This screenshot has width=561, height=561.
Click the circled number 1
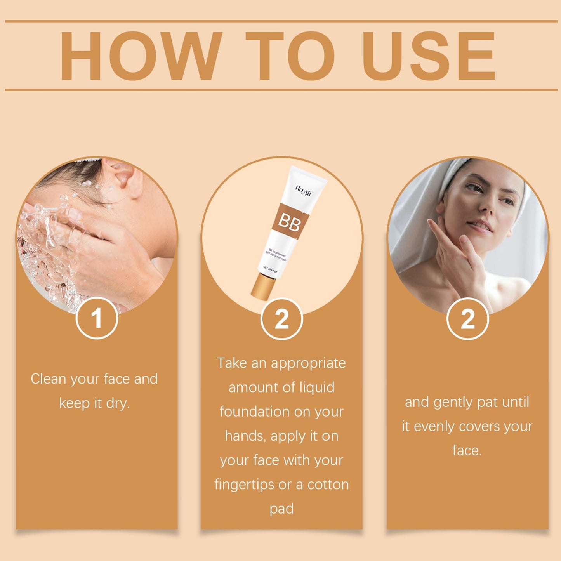point(97,318)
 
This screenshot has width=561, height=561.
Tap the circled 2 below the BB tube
point(281,319)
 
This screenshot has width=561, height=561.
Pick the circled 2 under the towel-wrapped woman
point(467,319)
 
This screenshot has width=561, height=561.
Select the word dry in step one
point(117,403)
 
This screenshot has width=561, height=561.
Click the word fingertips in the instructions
point(244,485)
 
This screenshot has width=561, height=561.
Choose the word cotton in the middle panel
point(328,485)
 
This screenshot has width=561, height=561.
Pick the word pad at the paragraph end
point(281,509)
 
